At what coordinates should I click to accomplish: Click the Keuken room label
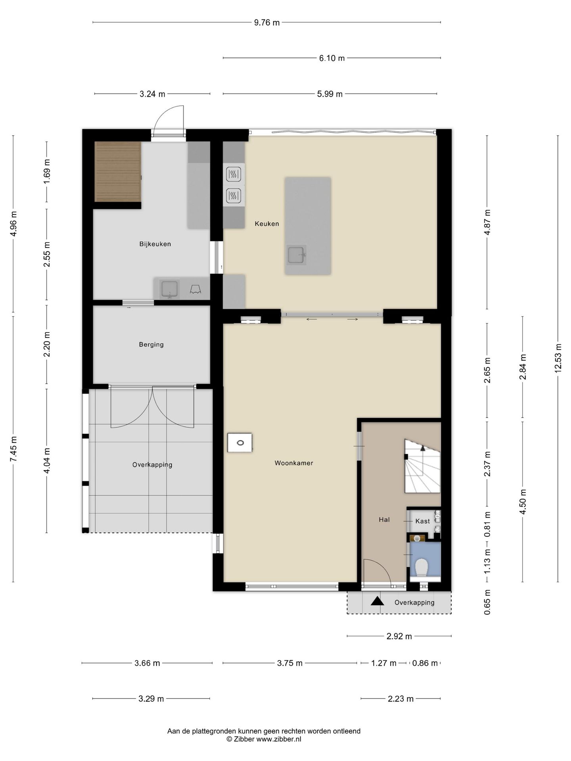coord(266,224)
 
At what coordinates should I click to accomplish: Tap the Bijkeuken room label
coord(155,244)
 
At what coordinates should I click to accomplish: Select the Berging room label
coord(151,345)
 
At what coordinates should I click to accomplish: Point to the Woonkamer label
coord(294,463)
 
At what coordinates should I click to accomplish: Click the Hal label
coord(384,520)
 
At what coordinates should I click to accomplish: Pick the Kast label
coord(422,521)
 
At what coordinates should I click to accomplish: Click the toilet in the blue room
coord(421,567)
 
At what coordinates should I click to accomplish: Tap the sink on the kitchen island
coord(296,255)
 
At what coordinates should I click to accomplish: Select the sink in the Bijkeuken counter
coord(169,289)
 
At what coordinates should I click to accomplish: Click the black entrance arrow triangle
coord(377,601)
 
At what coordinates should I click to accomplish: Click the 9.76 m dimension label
coord(267,23)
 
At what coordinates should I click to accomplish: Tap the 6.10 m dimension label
coord(332,58)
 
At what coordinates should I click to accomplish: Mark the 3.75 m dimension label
coord(290,663)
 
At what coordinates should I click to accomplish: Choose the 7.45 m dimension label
coord(13,449)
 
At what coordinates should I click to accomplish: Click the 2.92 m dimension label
coord(399,637)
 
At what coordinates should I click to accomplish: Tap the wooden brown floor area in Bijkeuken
coord(118,172)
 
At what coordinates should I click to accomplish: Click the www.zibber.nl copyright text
coord(279,739)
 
